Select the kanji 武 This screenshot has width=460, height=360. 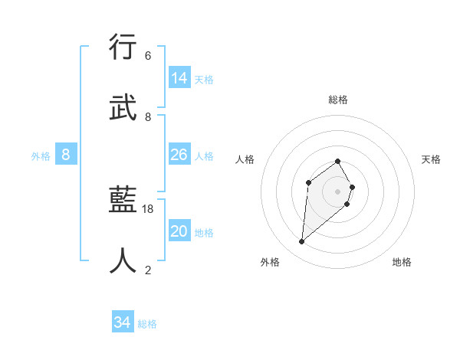124,108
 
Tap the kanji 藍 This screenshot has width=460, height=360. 124,201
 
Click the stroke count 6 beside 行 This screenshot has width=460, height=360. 148,56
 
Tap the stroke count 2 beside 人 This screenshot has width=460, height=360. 148,270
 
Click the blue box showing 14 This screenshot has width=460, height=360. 179,78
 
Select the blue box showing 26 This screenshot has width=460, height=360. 179,155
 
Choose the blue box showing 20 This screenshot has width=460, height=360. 179,231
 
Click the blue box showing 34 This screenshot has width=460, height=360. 123,322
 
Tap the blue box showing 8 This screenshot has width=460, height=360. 66,155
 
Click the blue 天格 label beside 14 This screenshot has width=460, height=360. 204,80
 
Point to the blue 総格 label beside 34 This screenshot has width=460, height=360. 147,324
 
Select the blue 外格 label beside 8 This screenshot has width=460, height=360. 41,156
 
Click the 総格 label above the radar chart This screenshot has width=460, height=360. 338,100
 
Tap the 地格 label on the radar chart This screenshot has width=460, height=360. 402,262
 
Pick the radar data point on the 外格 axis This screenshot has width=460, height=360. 302,242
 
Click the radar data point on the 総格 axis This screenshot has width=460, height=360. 338,161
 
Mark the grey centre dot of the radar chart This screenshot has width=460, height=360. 338,191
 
